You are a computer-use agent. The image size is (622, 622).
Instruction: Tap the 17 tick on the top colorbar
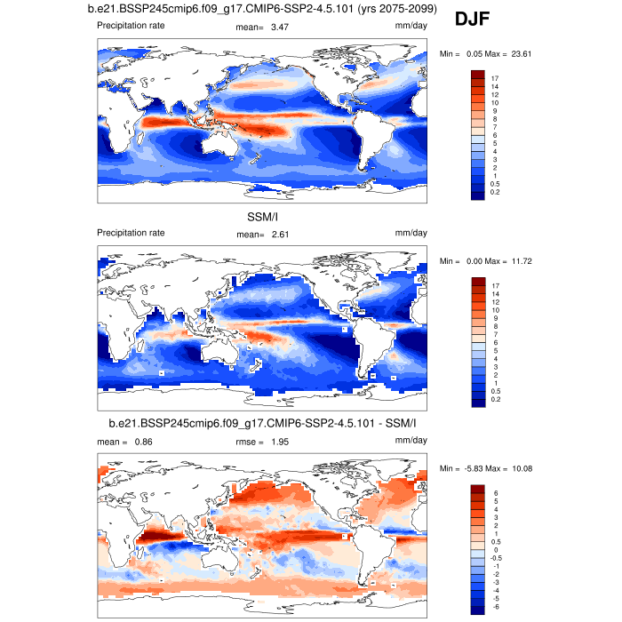[x=494, y=79]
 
